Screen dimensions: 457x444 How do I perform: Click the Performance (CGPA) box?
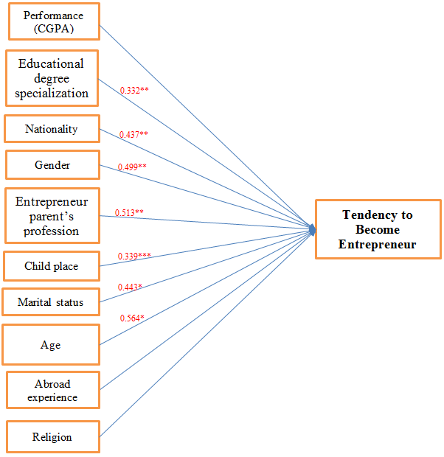(53, 21)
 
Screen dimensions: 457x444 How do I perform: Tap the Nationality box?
(52, 129)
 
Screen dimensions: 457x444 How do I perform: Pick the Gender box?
(52, 164)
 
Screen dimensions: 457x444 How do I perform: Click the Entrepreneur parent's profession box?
(52, 216)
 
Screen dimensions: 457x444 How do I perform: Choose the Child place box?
(52, 266)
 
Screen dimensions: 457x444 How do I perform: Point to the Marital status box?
(52, 302)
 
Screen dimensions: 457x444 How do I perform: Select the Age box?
(52, 344)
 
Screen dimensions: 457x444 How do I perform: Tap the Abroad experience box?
(52, 391)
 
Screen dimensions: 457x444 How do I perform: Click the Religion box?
(52, 436)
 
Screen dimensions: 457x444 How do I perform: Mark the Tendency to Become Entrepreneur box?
(378, 229)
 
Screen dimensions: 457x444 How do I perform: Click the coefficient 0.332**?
(134, 90)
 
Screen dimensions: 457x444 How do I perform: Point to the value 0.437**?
(133, 134)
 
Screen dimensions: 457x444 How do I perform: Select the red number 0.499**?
(132, 167)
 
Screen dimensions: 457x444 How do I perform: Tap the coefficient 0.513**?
(129, 212)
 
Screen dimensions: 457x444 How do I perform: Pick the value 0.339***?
(134, 256)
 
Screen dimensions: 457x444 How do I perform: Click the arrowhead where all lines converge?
(313, 230)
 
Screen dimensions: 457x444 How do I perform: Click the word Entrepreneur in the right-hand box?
(378, 244)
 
